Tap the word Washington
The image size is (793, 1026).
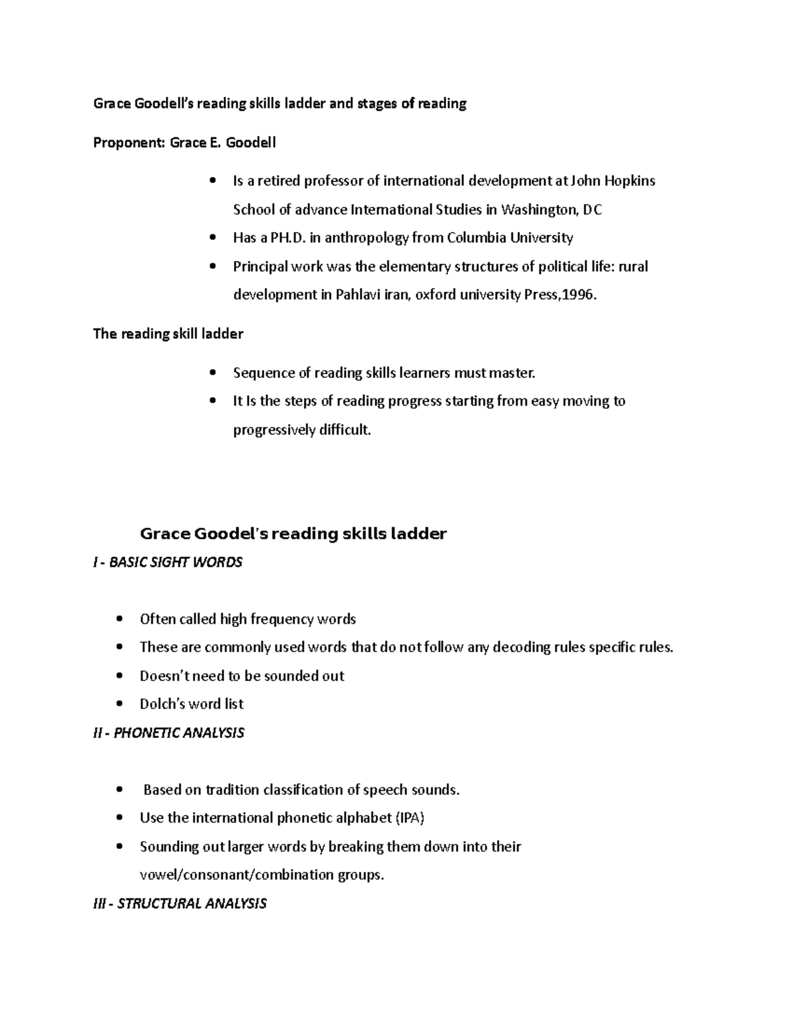point(539,210)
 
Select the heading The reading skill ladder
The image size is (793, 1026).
point(168,334)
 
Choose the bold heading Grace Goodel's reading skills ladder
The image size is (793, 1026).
point(293,534)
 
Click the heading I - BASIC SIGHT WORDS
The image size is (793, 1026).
point(168,562)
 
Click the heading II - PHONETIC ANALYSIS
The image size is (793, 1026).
point(169,733)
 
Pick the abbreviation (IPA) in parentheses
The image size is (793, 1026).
point(410,819)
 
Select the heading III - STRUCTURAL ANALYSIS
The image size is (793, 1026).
point(180,904)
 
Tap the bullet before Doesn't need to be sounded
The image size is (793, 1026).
point(120,676)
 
